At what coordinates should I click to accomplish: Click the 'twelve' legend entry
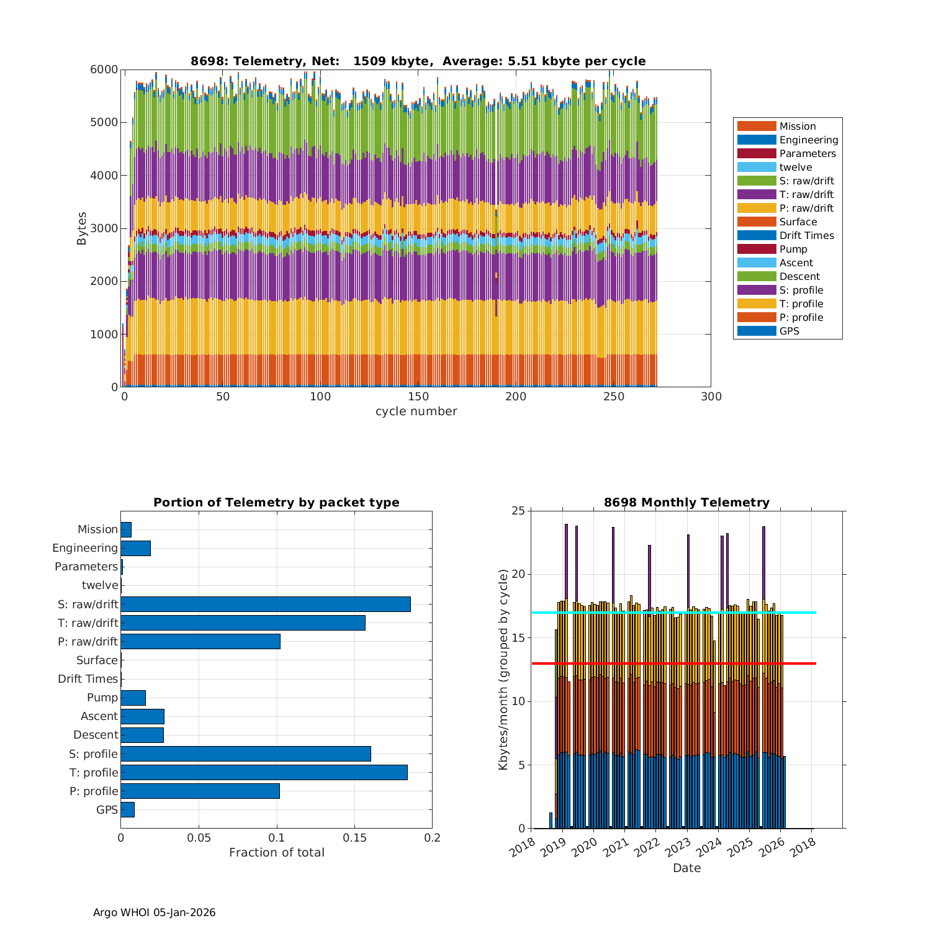click(x=795, y=167)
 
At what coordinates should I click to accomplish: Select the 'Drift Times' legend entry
click(x=806, y=235)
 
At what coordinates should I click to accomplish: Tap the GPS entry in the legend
click(x=789, y=331)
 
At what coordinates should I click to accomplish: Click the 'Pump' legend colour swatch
click(x=756, y=249)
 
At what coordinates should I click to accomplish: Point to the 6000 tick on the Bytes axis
click(x=104, y=70)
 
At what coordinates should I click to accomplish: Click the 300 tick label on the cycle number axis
click(x=711, y=397)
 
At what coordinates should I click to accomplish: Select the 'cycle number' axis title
click(x=416, y=412)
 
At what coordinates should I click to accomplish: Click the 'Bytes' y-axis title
click(x=82, y=228)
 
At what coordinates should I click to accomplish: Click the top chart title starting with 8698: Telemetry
click(x=418, y=61)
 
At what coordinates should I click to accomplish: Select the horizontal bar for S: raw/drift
click(x=266, y=604)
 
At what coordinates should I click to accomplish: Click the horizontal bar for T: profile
click(x=264, y=772)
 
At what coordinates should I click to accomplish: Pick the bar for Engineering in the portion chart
click(x=135, y=548)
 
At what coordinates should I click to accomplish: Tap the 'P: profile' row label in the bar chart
click(x=94, y=791)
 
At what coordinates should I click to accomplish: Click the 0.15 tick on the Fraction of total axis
click(x=354, y=838)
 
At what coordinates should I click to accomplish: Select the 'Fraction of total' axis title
click(x=276, y=852)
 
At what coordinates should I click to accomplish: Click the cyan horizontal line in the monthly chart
click(x=673, y=613)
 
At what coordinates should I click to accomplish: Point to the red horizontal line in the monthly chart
click(x=673, y=663)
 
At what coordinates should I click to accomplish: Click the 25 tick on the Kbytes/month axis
click(x=518, y=511)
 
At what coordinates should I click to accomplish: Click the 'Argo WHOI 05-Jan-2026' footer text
click(x=154, y=912)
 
